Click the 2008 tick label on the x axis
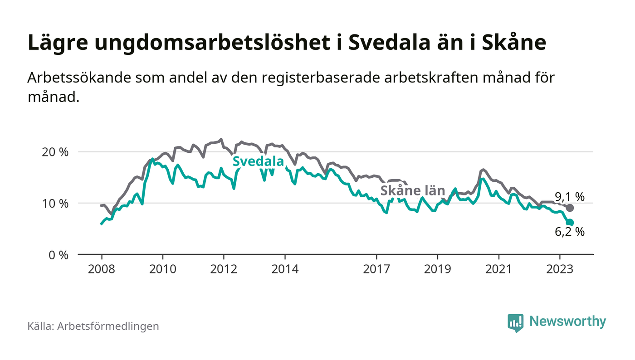coord(101,269)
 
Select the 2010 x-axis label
coord(162,269)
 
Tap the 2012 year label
coord(224,269)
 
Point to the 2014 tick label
coord(285,269)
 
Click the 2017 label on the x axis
coord(376,269)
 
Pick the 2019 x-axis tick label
coord(438,269)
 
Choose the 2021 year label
coord(499,269)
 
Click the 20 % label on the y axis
coord(56,152)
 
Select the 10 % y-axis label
coord(56,203)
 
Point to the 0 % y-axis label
coord(59,255)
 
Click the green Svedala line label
coord(258,162)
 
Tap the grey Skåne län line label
coord(413,191)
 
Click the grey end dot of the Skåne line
coord(570,208)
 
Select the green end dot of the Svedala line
coord(570,223)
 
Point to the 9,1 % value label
coord(570,197)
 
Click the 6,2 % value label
coord(570,232)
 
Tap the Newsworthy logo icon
coord(515,322)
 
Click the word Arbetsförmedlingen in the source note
coord(108,326)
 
